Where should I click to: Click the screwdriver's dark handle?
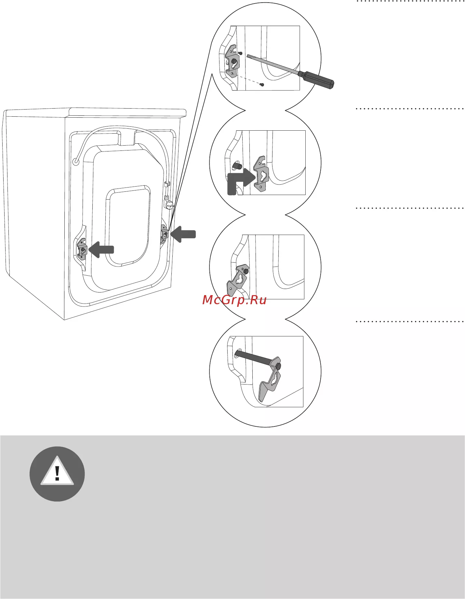tap(317, 80)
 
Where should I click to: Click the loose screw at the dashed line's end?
tap(262, 85)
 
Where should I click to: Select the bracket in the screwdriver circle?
tap(233, 61)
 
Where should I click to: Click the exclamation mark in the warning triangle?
tap(57, 473)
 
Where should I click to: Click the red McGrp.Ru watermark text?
tap(234, 300)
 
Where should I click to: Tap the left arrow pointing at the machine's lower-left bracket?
tap(101, 249)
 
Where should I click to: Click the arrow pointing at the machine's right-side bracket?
tap(183, 234)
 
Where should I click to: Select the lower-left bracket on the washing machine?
tap(82, 249)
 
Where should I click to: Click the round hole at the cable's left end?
tap(76, 161)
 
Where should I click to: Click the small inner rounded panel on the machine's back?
tap(128, 226)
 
